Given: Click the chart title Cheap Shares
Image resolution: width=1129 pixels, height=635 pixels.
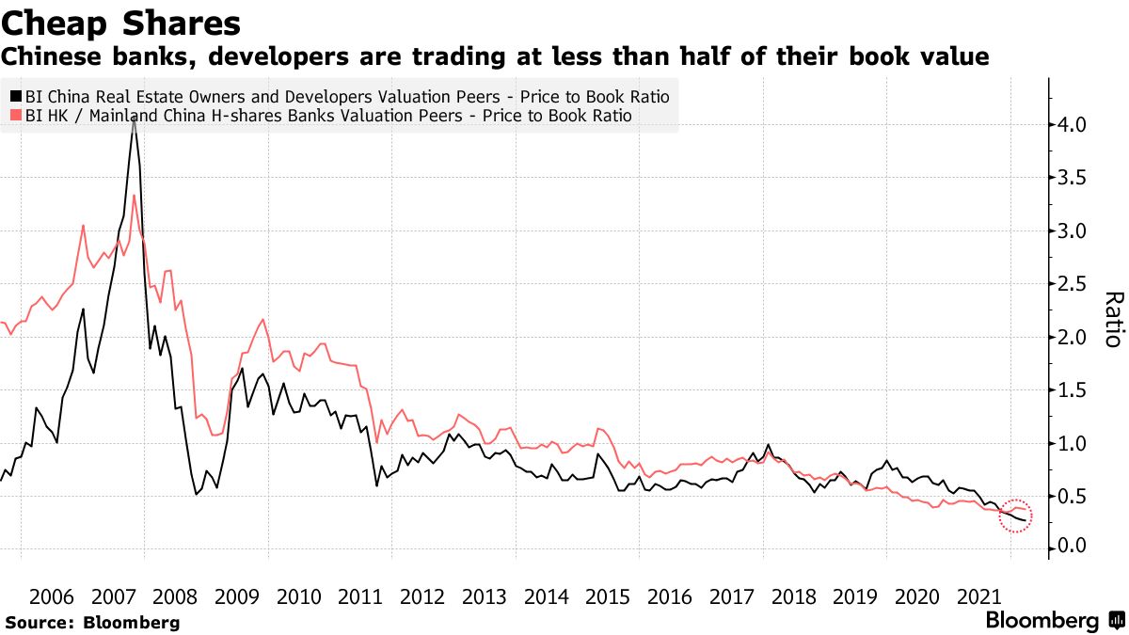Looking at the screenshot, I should click(120, 23).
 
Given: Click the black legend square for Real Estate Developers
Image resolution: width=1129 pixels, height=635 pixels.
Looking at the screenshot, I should click(15, 96).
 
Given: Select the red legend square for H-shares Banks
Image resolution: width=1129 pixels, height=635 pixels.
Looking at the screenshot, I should click(15, 116).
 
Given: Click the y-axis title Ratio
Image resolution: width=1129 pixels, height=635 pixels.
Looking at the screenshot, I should click(1111, 320).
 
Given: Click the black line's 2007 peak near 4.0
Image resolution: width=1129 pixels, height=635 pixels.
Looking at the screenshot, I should click(134, 122).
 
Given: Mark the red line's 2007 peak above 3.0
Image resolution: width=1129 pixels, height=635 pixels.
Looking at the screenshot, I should click(135, 196).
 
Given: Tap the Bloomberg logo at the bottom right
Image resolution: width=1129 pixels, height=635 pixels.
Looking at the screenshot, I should click(1041, 621).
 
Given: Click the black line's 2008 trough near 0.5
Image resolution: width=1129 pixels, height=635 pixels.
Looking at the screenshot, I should click(196, 494).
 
